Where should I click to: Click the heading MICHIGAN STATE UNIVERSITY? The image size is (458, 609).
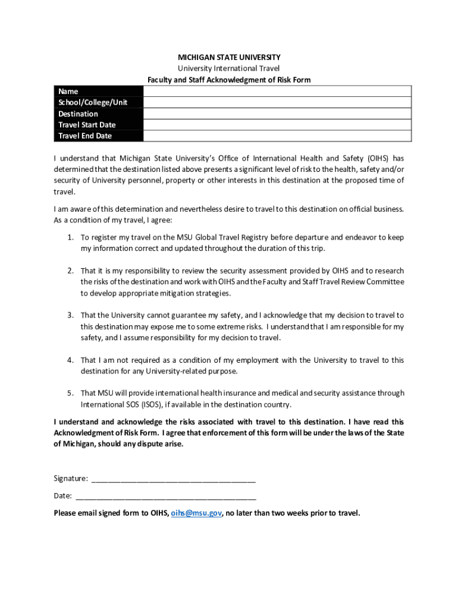pyautogui.click(x=229, y=57)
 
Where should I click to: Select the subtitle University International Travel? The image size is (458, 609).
pyautogui.click(x=229, y=68)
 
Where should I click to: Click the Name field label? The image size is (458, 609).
pyautogui.click(x=68, y=91)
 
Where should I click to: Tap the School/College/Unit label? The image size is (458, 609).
pyautogui.click(x=93, y=102)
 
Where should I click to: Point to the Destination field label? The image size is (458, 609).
pyautogui.click(x=78, y=114)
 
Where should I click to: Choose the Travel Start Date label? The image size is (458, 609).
pyautogui.click(x=87, y=125)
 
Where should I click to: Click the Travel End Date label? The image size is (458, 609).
pyautogui.click(x=85, y=136)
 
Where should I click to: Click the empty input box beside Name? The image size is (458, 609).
pyautogui.click(x=277, y=91)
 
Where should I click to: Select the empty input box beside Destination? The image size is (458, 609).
pyautogui.click(x=277, y=114)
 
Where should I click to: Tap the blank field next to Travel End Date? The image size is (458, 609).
pyautogui.click(x=277, y=136)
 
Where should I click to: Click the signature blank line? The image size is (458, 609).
pyautogui.click(x=174, y=479)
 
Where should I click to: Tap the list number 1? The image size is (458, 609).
pyautogui.click(x=70, y=237)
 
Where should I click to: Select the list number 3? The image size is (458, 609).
pyautogui.click(x=70, y=315)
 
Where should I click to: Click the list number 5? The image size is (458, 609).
pyautogui.click(x=70, y=393)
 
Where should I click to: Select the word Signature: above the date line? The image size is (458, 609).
pyautogui.click(x=71, y=479)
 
